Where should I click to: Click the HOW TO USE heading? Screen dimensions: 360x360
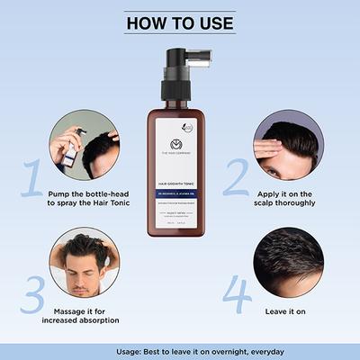tap(179, 22)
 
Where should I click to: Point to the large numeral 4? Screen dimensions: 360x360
tap(237, 293)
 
